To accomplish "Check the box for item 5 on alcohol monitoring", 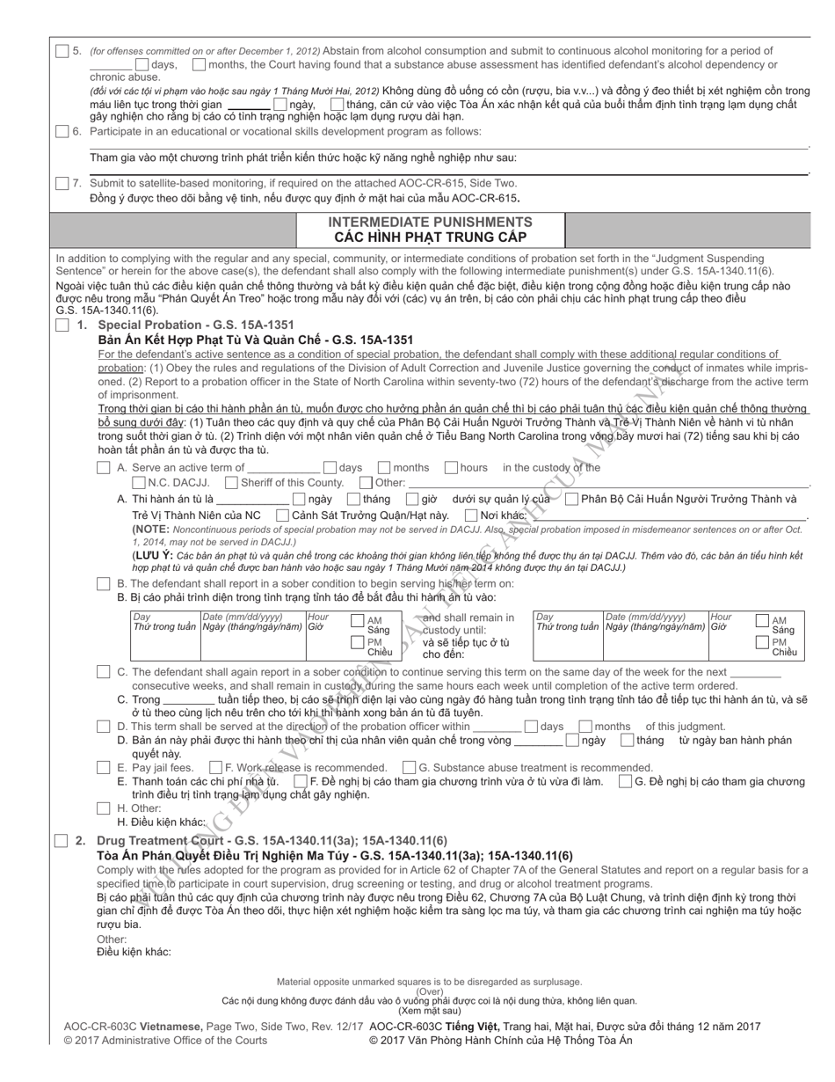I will (62, 51).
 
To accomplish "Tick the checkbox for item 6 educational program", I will (62, 132).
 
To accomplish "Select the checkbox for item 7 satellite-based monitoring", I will (62, 183).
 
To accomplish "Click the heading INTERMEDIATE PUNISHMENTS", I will (430, 222).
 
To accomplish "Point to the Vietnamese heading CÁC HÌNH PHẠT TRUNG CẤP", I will (430, 237).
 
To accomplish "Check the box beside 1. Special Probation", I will (62, 325).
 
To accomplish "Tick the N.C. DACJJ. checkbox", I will (139, 482).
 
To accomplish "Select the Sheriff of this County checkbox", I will (231, 482).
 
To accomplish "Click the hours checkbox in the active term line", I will (451, 467).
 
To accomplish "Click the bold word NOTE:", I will (150, 530).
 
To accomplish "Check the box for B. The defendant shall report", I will (104, 583).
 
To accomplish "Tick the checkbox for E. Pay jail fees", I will (104, 767).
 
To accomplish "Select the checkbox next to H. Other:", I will (104, 808).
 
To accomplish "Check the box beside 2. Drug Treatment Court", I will (62, 841).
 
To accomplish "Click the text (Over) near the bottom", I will (429, 991).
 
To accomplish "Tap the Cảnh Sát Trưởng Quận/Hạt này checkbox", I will (282, 515).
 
